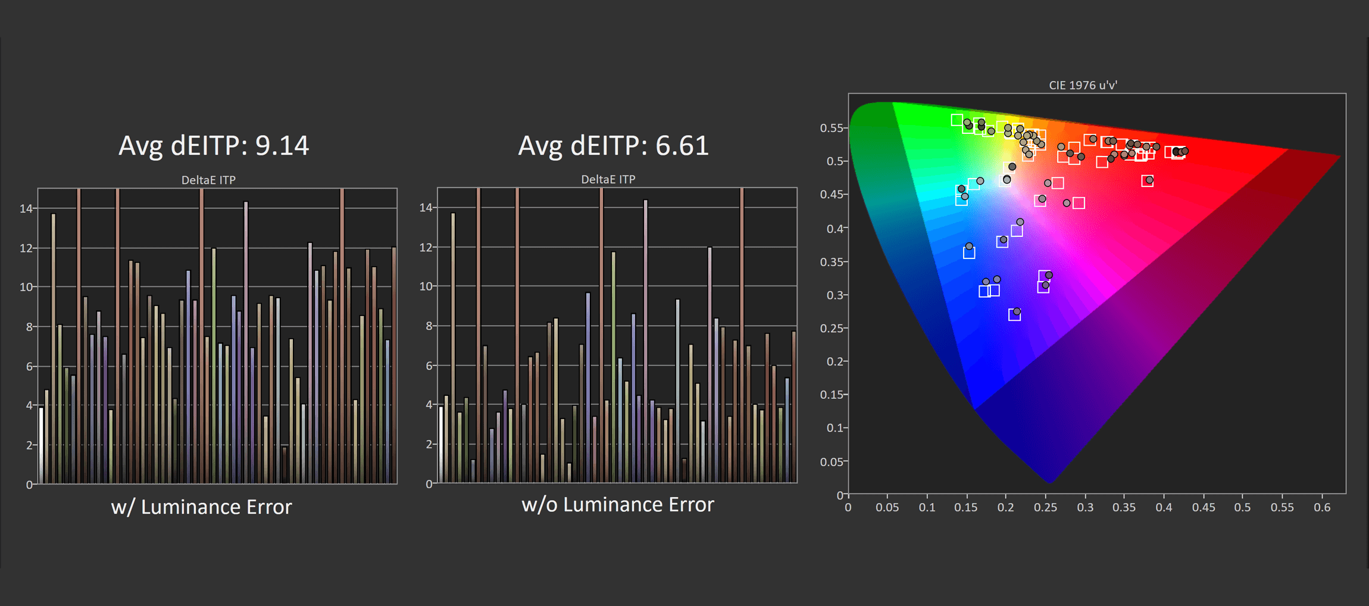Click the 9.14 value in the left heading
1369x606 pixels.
tap(282, 146)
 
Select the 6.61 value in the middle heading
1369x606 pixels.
tap(682, 146)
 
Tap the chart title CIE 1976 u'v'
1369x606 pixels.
tap(1083, 85)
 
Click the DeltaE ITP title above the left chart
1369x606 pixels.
tap(208, 180)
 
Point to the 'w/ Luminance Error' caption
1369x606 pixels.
tap(201, 507)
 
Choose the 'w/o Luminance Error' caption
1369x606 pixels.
tap(617, 505)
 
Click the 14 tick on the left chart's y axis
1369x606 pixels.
tap(26, 208)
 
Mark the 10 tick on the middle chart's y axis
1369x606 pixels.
tap(426, 286)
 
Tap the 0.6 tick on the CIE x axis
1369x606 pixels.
tap(1321, 508)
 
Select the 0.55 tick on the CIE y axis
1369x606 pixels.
tap(831, 128)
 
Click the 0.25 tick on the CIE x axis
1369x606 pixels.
tap(1045, 508)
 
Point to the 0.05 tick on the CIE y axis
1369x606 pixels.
tap(831, 461)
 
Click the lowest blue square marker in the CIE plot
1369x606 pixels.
tap(1014, 315)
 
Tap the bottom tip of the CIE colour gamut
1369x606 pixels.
tap(1050, 482)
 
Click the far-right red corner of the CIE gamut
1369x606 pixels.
tap(1339, 156)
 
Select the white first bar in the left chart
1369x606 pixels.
tap(41, 445)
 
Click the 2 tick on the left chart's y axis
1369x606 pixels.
tap(29, 445)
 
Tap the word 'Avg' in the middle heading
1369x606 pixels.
tap(540, 146)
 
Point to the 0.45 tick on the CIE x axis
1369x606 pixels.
tap(1203, 508)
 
